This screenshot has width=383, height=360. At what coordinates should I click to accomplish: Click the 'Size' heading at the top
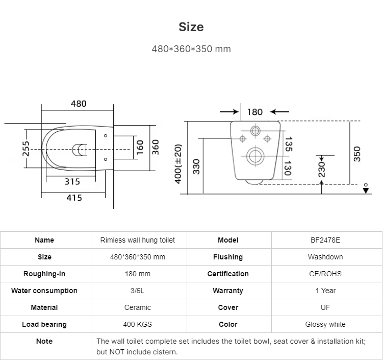point(191,27)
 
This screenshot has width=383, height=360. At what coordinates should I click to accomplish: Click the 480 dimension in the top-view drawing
point(79,104)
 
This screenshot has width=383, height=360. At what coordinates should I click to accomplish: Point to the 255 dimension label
point(25,149)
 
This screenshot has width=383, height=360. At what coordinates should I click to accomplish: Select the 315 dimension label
point(72,182)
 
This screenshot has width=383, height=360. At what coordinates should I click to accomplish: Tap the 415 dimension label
point(74,198)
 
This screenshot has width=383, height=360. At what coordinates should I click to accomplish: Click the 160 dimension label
point(140,147)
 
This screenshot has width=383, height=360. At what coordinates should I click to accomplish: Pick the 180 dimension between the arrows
point(255,112)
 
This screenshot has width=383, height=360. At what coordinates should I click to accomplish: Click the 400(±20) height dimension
point(178,164)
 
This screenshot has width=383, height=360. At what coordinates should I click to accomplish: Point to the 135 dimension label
point(289,145)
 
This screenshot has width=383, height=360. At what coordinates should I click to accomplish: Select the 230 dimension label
point(322,170)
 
